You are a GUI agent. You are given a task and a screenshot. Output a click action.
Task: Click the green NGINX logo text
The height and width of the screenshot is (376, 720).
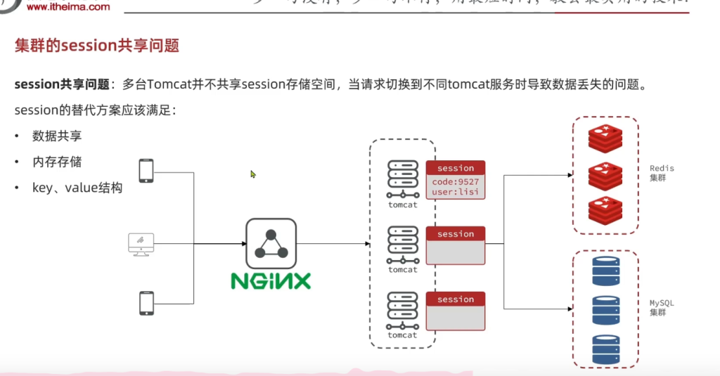click(271, 281)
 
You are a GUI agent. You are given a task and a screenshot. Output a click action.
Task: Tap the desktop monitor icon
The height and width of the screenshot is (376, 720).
click(141, 244)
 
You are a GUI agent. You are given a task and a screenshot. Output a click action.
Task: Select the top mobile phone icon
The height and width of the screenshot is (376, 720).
click(146, 171)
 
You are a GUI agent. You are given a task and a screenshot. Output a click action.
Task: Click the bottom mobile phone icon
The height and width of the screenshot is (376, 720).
click(146, 303)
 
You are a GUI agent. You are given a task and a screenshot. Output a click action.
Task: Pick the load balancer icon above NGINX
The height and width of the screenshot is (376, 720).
click(271, 243)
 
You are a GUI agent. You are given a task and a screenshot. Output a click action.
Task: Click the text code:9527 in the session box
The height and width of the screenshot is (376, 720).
click(454, 181)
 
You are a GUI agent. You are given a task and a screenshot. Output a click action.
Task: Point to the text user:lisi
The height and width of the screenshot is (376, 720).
click(454, 191)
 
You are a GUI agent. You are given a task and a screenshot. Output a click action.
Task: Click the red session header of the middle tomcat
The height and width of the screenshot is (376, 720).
click(456, 234)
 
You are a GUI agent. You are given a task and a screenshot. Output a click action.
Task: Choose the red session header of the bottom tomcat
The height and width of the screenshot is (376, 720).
click(456, 299)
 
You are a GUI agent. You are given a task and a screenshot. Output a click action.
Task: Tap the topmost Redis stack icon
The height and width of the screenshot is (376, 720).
click(605, 138)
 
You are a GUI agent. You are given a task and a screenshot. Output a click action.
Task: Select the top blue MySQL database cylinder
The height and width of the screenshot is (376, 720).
click(605, 271)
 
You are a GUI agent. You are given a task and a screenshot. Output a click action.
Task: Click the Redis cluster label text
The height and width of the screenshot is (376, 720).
click(662, 173)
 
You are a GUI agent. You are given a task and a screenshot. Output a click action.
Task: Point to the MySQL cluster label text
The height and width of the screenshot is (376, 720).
click(662, 307)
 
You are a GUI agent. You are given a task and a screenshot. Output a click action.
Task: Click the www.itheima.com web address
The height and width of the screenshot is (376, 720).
click(69, 6)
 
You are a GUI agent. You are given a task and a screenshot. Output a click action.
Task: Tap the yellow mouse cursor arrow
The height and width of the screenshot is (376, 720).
click(253, 174)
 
